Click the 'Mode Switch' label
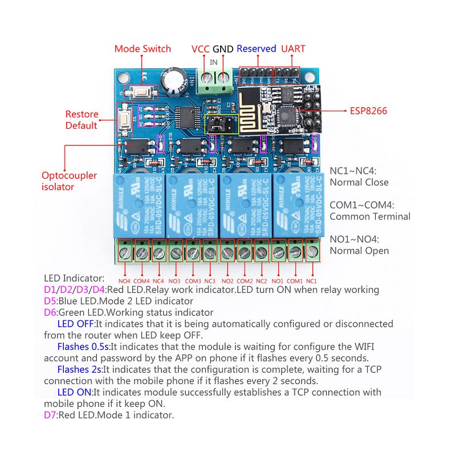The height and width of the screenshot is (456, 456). pos(142,48)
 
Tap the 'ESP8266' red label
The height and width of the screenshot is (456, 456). pos(368,111)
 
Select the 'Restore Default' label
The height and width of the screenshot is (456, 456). pos(82,120)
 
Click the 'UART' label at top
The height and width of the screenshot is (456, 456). pos(293,48)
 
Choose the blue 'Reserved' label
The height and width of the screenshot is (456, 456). pos(256,48)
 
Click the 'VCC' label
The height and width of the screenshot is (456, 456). pos(200,48)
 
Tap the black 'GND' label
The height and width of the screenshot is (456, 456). pos(223,48)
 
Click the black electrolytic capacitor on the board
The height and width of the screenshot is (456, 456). pos(173,80)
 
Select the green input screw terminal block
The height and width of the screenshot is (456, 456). pos(216,79)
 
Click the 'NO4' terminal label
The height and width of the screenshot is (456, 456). pos(124,281)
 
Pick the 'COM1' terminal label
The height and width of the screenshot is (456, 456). pos(295,281)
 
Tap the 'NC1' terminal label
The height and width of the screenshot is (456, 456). pos(311,281)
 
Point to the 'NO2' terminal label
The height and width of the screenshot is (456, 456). pos(227,281)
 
